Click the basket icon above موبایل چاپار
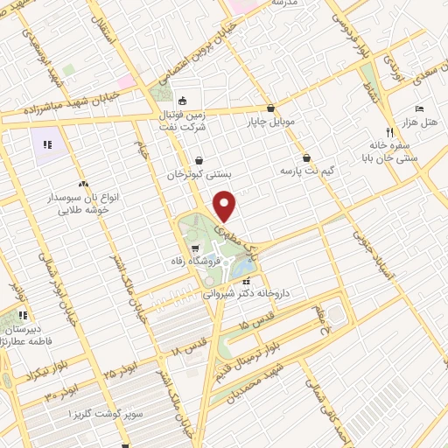click(x=271, y=107)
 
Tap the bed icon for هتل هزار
click(x=420, y=108)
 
